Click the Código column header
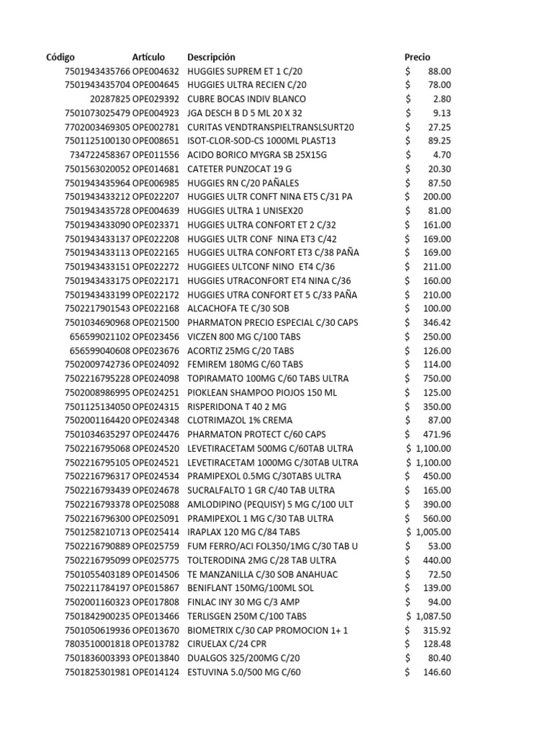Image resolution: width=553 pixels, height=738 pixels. click(x=60, y=57)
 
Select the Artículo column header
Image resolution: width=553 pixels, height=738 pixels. click(x=148, y=57)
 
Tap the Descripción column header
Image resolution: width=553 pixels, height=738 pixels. click(x=211, y=57)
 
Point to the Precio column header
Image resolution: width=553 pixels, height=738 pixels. click(x=418, y=57)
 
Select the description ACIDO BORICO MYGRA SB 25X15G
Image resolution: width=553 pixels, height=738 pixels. click(x=256, y=155)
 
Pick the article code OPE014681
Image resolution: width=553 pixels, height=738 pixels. click(x=156, y=169)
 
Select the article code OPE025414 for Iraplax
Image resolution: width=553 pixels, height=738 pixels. click(x=156, y=533)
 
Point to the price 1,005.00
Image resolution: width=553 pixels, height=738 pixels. click(x=433, y=533)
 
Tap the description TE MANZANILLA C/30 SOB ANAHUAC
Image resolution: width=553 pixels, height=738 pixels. click(x=262, y=574)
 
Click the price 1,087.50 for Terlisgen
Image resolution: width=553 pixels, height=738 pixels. click(x=433, y=616)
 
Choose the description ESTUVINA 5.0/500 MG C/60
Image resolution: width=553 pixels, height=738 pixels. click(x=244, y=672)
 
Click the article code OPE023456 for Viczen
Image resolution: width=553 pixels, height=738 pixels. click(x=156, y=337)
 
